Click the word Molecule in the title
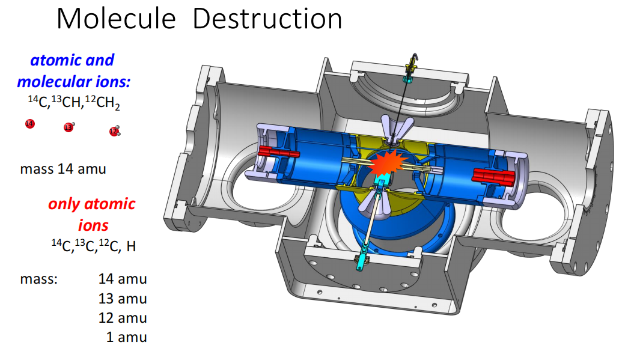pyautogui.click(x=117, y=19)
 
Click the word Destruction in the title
pyautogui.click(x=267, y=19)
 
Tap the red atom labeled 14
pyautogui.click(x=29, y=123)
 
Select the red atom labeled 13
pyautogui.click(x=69, y=127)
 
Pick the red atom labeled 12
pyautogui.click(x=114, y=131)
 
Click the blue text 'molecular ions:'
pyautogui.click(x=74, y=82)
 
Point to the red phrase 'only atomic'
pyautogui.click(x=92, y=204)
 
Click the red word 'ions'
pyautogui.click(x=93, y=225)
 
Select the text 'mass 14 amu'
pyautogui.click(x=63, y=169)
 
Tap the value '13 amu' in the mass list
pyautogui.click(x=123, y=299)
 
